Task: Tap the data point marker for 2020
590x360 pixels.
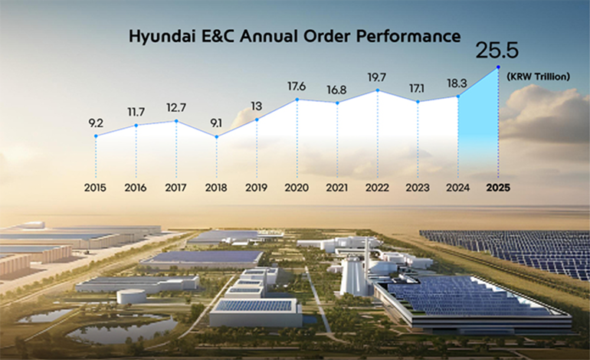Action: [297, 99]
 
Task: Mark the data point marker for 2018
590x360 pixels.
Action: [217, 137]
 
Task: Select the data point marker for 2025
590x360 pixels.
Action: [498, 67]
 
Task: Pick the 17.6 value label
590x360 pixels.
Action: [297, 86]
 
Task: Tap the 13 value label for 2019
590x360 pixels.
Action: [257, 106]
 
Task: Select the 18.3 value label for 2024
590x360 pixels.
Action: [458, 81]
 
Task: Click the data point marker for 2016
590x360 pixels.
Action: [136, 126]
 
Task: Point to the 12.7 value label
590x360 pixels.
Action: [176, 106]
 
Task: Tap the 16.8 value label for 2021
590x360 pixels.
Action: [337, 89]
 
